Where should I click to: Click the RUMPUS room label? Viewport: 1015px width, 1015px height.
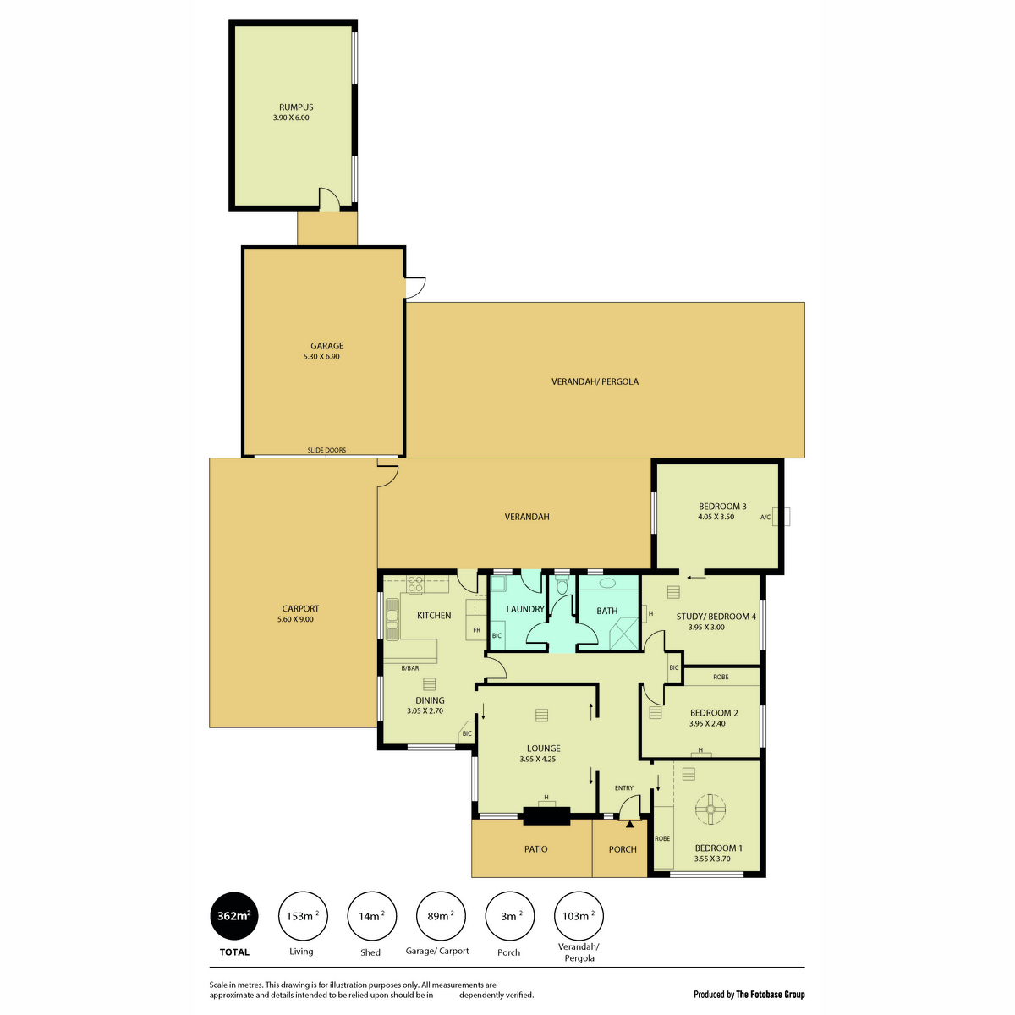[296, 107]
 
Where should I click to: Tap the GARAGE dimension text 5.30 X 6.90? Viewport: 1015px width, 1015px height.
[326, 357]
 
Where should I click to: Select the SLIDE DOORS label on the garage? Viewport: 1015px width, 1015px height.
[326, 450]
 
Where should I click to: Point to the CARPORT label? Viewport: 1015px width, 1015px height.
[300, 609]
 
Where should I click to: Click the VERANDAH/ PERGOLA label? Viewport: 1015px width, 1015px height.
[595, 381]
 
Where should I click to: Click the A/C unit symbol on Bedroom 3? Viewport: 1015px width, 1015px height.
[785, 517]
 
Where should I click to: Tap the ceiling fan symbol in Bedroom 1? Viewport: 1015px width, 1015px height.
[710, 809]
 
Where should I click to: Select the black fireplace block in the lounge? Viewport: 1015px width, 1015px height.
[546, 816]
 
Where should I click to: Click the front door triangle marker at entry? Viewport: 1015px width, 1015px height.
[629, 823]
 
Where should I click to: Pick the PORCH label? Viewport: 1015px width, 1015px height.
[623, 849]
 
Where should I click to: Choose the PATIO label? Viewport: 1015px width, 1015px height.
[535, 849]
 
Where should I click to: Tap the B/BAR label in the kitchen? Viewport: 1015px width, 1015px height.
[410, 668]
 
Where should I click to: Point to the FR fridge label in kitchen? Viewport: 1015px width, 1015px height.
[476, 630]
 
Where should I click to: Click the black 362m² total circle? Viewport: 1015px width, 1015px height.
[234, 916]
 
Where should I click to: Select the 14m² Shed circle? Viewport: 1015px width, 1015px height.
[370, 916]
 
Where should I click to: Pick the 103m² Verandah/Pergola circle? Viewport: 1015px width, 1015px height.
[578, 916]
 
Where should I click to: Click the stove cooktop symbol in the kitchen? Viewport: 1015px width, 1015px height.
[416, 584]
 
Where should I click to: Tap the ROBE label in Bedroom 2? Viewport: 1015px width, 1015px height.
[721, 677]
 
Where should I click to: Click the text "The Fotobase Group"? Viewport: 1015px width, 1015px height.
[771, 995]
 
